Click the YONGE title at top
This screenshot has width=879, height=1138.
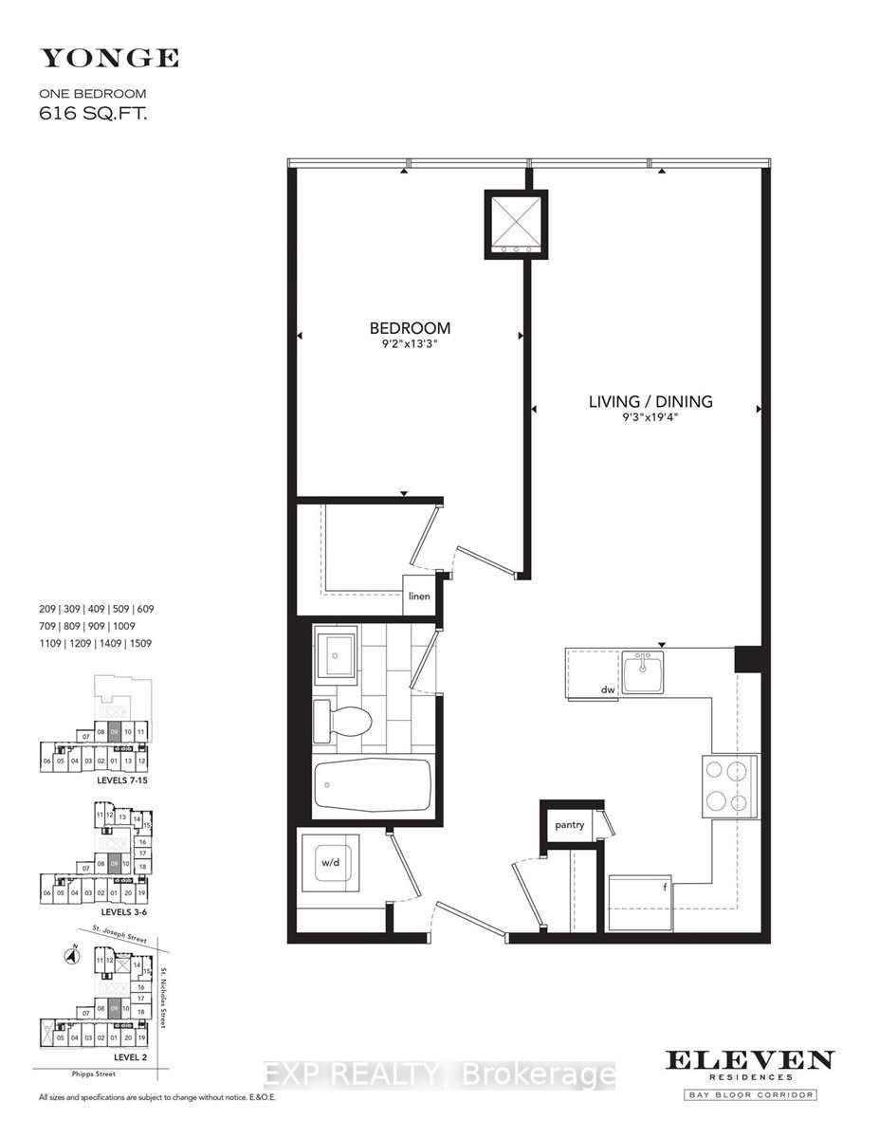pyautogui.click(x=108, y=59)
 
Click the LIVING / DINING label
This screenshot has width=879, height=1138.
pyautogui.click(x=650, y=401)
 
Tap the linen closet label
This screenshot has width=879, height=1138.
pyautogui.click(x=419, y=597)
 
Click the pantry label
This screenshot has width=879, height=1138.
pyautogui.click(x=569, y=825)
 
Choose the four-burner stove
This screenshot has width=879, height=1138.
pyautogui.click(x=729, y=786)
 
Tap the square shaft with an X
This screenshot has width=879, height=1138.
pyautogui.click(x=516, y=223)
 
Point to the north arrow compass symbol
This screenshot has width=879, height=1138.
pyautogui.click(x=69, y=957)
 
